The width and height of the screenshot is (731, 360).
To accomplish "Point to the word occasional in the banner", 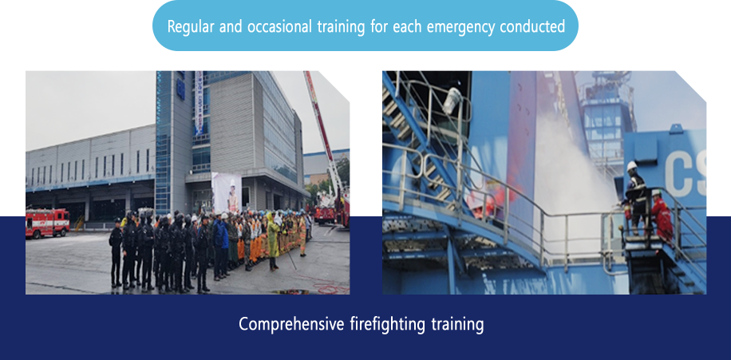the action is (279, 26).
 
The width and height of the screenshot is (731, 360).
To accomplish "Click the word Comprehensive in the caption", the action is (292, 324).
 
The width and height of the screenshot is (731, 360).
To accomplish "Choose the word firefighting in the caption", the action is (387, 324).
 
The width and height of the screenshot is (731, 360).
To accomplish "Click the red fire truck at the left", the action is (48, 223).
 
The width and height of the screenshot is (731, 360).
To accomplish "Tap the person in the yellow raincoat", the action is (274, 241).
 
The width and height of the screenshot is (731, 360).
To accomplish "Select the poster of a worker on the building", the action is (227, 192).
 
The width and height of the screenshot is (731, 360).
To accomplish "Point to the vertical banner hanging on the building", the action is (199, 103).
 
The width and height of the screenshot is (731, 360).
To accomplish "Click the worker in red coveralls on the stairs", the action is (662, 216).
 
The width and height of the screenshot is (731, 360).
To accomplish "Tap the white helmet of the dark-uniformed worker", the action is (632, 165).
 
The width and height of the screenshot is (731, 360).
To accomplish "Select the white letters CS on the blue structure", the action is (686, 174).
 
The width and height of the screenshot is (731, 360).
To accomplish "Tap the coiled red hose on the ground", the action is (330, 289).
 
